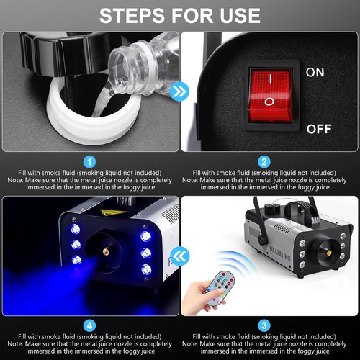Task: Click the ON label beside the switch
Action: [315, 73]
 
